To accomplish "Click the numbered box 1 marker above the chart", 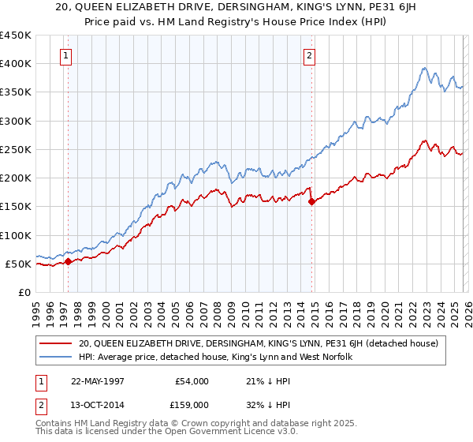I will [x=65, y=55].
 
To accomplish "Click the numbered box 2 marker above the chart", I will [x=309, y=55].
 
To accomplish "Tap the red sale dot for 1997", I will [x=69, y=261].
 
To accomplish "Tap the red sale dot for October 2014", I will [x=311, y=201].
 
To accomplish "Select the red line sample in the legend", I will [x=55, y=343].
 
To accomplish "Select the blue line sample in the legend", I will [x=55, y=358].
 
